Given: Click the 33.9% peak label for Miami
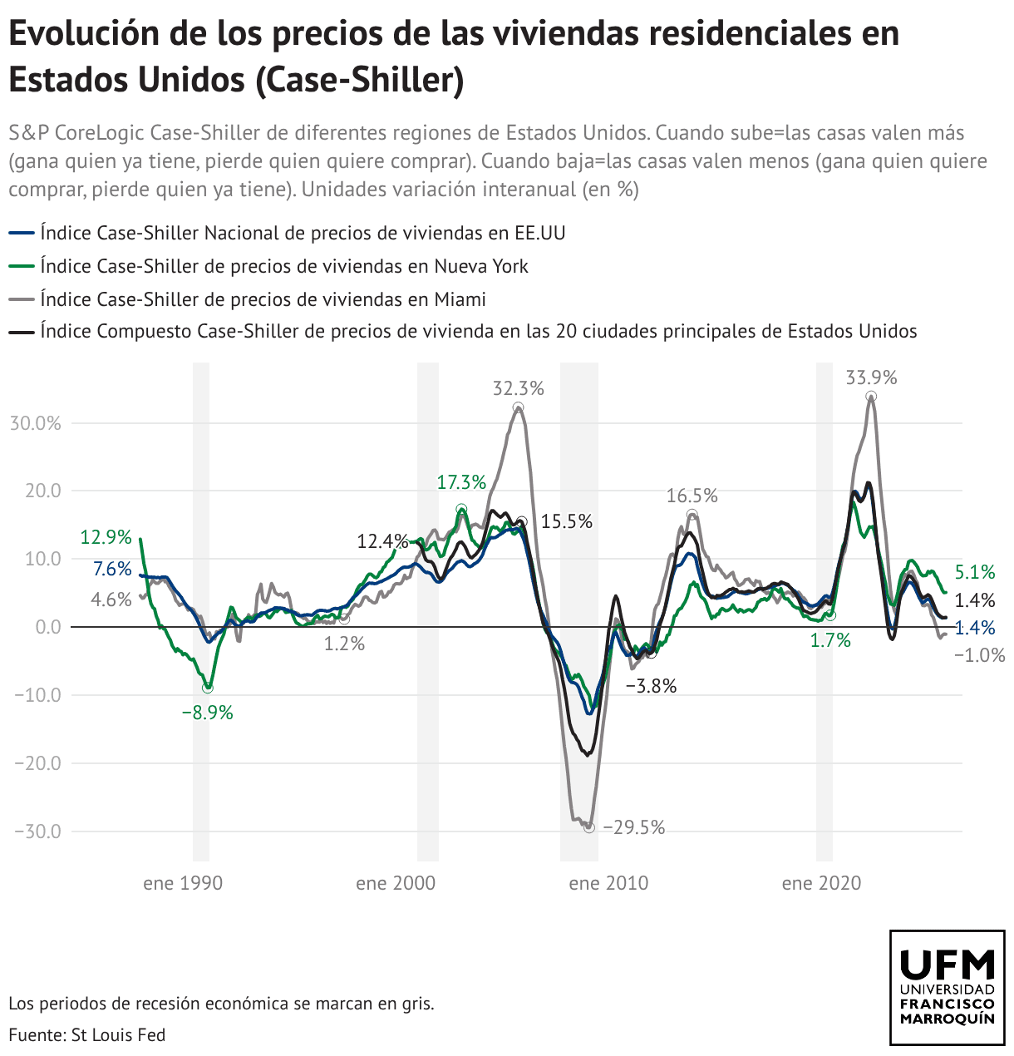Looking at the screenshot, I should click(x=871, y=378).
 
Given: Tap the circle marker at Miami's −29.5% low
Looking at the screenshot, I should click(x=589, y=827).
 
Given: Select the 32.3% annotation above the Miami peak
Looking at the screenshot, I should click(x=518, y=388).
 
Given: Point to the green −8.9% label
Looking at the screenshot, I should click(x=207, y=713).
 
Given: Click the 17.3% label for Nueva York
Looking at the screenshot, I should click(x=461, y=482).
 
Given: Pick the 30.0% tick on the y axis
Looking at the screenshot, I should click(x=35, y=423).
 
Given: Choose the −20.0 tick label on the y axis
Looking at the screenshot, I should click(x=37, y=763).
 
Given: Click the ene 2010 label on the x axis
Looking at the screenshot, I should click(x=608, y=883).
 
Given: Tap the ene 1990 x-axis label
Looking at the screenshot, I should click(x=183, y=883).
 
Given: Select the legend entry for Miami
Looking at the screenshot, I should click(x=263, y=299).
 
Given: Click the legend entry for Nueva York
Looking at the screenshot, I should click(x=284, y=266).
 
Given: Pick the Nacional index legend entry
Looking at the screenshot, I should click(x=303, y=233).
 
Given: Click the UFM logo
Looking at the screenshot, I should click(x=948, y=987).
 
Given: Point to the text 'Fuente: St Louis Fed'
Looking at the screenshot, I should click(x=87, y=1035).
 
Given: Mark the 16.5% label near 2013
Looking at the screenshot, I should click(x=692, y=496).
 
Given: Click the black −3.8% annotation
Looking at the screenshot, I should click(x=651, y=687).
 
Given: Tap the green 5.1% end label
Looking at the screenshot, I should click(x=975, y=572).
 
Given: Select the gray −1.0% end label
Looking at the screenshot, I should click(x=980, y=655).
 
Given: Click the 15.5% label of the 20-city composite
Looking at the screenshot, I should click(x=566, y=522).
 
